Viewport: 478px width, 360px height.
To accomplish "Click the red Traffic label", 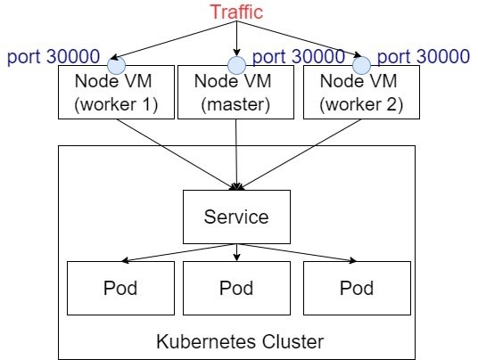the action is coord(236,12).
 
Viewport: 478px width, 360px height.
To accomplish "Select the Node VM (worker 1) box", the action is coord(116,92).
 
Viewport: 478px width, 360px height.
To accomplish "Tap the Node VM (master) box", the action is coord(235,92).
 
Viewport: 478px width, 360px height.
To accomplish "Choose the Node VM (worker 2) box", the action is coord(361,92).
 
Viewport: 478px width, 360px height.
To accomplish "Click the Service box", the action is coord(236,217).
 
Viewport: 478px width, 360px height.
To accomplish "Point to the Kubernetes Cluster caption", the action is coord(240,341).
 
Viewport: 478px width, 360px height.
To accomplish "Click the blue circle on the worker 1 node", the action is coord(116,65).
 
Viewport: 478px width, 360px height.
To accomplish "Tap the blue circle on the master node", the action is coord(236,65).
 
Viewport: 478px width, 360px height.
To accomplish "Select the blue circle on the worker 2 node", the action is coord(361,65).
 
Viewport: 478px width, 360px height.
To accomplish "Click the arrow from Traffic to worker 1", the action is coord(173,40).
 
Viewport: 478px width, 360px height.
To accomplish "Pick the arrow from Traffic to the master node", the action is coord(237,38).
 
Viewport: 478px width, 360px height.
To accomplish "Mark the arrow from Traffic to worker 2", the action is coord(300,39).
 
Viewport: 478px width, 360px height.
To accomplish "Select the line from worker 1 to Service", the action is coord(177,155).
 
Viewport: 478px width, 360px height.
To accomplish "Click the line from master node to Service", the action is coord(236,155).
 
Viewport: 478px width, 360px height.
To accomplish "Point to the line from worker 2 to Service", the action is coord(300,155).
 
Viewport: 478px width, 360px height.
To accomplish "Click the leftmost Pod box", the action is coord(120,288).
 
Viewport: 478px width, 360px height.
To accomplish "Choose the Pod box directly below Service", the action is coord(236,288).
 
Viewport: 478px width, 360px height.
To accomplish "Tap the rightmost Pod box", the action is coord(357,288).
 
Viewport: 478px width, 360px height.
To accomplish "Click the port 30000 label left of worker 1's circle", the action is coord(54,56).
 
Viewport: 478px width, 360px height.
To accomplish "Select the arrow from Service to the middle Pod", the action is coord(237,252).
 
